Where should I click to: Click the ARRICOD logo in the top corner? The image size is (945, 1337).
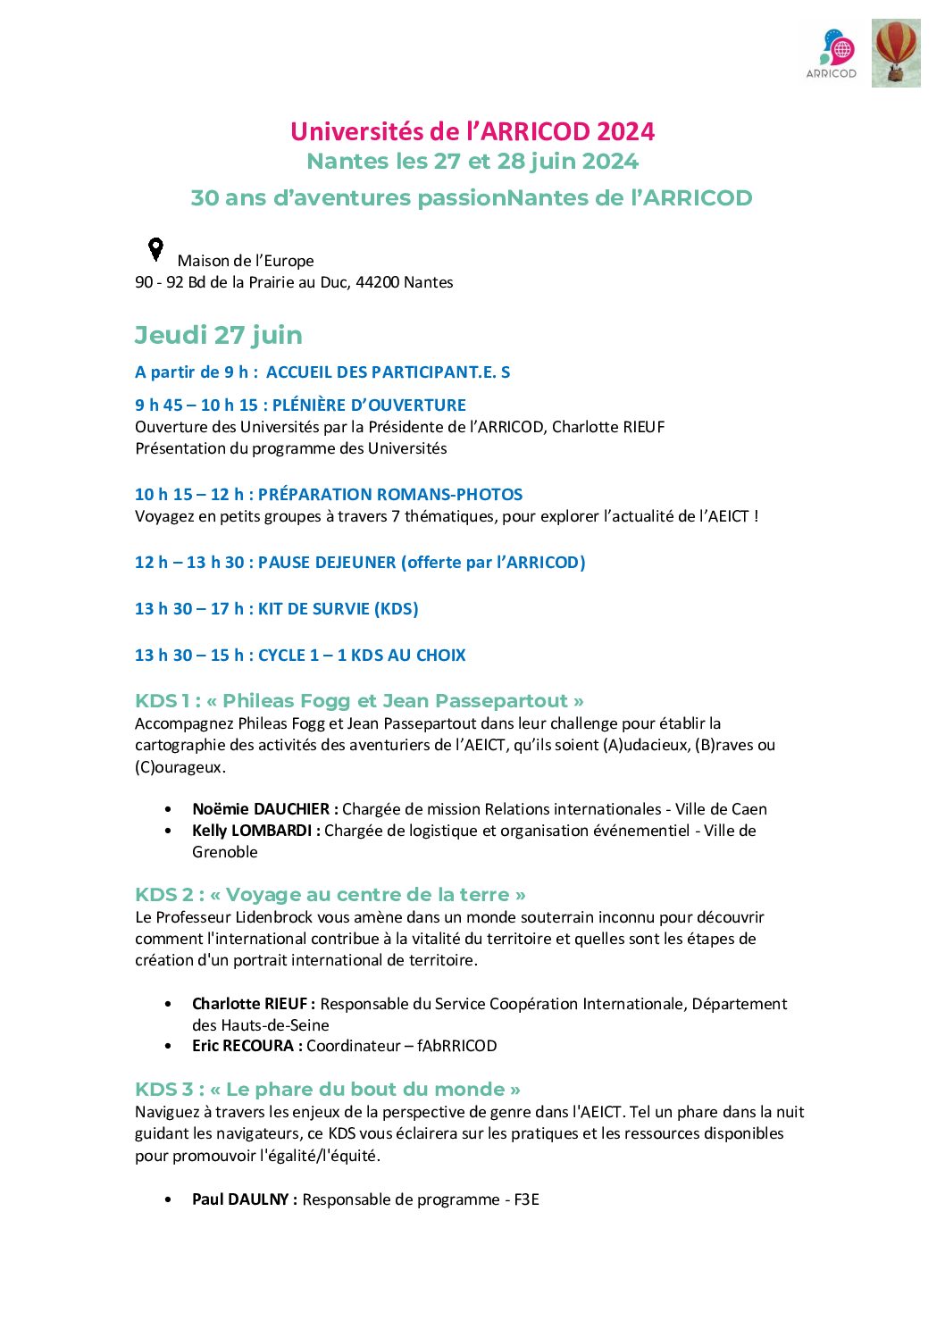832,54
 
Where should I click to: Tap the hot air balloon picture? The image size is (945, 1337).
896,54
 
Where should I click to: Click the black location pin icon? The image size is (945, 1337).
155,249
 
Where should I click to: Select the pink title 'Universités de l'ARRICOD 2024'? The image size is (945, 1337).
472,131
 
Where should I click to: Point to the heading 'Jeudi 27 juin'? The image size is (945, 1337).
219,335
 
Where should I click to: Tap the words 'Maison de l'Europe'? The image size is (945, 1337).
246,261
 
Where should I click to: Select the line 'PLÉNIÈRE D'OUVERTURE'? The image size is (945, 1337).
369,405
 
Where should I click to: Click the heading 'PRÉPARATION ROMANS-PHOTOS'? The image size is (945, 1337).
390,494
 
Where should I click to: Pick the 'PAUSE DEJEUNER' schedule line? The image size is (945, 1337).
327,562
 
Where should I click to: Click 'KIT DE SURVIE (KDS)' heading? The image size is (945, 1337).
338,608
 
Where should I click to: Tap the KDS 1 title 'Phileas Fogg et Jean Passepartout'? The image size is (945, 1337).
395,701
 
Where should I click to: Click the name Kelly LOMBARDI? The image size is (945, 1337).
252,831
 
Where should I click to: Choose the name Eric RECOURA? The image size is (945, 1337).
243,1046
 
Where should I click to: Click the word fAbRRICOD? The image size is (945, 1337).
456,1046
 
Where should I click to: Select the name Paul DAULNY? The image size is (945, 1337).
240,1199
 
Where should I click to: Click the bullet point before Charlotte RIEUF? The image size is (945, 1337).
169,1004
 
